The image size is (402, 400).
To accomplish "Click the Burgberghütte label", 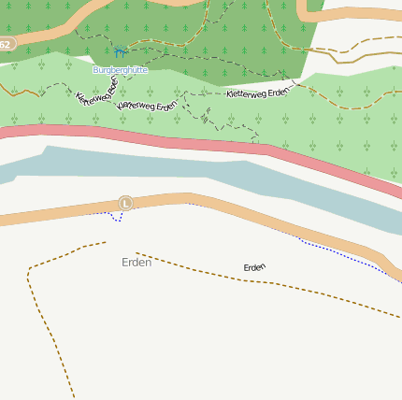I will point(120,70).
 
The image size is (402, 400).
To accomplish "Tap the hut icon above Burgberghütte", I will point(119,53).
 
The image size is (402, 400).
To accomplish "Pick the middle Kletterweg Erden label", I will point(148,106).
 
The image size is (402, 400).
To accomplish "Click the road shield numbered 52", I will point(6,44).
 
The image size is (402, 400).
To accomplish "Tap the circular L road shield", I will point(126,203).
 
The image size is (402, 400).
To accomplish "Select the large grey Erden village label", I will point(136,262).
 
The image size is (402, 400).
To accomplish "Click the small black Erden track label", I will point(254,267).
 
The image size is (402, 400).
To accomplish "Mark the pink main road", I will point(187,144).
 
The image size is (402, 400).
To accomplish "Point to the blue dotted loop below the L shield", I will point(114,217).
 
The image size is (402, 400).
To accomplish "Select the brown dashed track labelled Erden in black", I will point(309,289).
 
